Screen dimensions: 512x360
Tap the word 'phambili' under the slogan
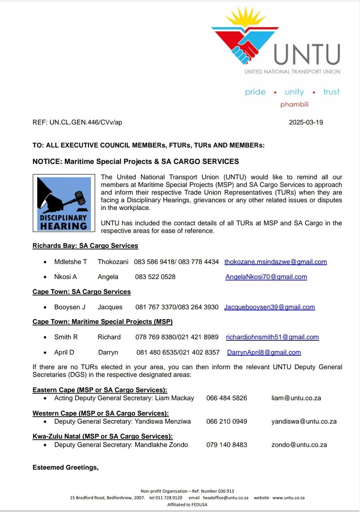pos(294,104)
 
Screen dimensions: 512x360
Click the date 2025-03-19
pos(306,122)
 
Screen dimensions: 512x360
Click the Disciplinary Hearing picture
pos(64,203)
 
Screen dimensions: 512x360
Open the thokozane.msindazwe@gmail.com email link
pos(275,262)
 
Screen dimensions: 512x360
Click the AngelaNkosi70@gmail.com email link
pos(266,277)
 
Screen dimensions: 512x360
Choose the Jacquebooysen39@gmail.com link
pos(269,307)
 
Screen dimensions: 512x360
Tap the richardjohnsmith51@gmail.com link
pos(272,337)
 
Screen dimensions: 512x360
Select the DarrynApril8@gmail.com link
pos(264,352)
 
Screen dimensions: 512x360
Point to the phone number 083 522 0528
pos(155,277)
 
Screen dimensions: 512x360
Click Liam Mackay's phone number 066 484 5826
pos(226,398)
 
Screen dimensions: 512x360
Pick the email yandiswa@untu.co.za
pos(304,421)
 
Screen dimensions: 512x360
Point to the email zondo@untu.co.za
pos(299,445)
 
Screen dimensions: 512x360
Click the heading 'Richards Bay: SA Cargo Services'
pos(85,246)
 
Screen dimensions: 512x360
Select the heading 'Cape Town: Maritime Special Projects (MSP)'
pos(102,322)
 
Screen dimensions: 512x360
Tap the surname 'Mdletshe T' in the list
pos(70,262)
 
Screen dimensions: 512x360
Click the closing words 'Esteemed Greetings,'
pos(65,467)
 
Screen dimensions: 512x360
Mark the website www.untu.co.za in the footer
pos(288,498)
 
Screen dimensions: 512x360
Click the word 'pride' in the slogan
pos(255,92)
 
